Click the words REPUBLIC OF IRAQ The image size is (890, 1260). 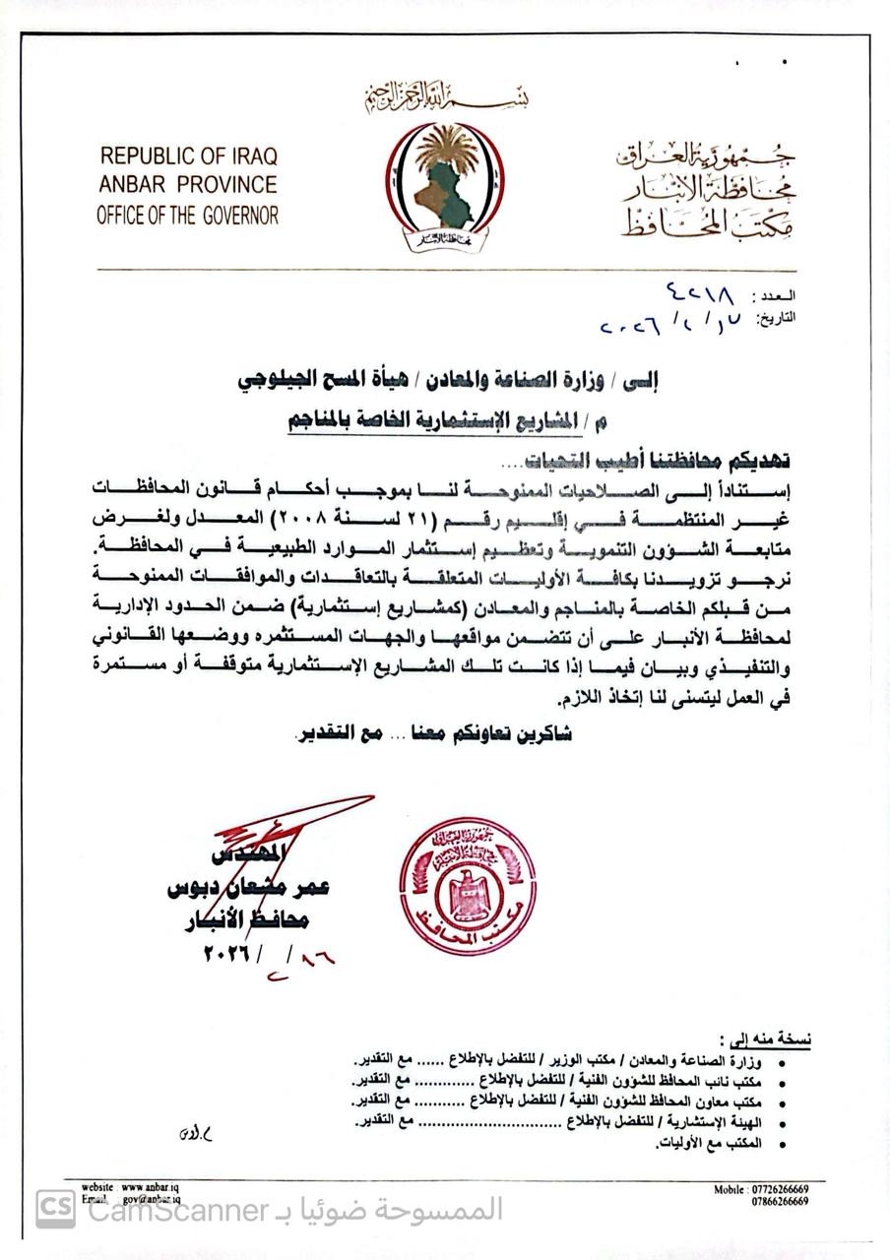[x=188, y=156]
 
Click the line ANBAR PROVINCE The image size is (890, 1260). [x=187, y=185]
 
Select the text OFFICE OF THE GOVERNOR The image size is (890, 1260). [x=187, y=215]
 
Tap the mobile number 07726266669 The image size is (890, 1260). [x=773, y=1190]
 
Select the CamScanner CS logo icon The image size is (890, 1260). [x=55, y=1209]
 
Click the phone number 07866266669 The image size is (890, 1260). [x=773, y=1202]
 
